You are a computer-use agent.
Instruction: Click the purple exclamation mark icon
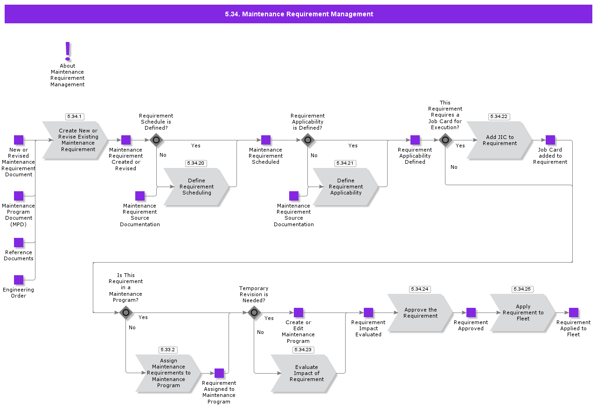click(68, 51)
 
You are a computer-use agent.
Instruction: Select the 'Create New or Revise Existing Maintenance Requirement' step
click(76, 140)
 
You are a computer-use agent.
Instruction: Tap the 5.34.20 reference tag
click(196, 163)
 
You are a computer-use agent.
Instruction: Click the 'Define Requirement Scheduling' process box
click(196, 187)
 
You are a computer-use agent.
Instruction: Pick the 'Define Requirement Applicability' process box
click(346, 187)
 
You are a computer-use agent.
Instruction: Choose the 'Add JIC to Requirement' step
click(500, 140)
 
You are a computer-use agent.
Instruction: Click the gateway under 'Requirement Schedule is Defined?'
click(156, 140)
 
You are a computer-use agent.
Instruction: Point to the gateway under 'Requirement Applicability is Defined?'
click(308, 140)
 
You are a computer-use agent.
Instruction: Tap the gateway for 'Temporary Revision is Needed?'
click(254, 313)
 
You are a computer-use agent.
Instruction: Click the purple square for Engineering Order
click(19, 280)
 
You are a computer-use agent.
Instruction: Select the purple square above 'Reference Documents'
click(19, 243)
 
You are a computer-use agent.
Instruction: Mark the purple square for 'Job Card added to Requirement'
click(550, 140)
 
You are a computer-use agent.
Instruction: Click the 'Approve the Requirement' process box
click(420, 313)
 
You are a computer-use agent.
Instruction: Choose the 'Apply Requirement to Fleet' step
click(523, 313)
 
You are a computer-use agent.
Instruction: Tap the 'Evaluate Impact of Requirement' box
click(304, 373)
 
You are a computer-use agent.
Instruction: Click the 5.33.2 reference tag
click(168, 350)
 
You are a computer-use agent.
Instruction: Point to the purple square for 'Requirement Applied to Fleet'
click(574, 313)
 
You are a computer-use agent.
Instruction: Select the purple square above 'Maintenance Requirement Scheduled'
click(266, 140)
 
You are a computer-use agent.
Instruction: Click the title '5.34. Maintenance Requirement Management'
click(298, 14)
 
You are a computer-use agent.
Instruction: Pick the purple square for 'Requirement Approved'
click(471, 313)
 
